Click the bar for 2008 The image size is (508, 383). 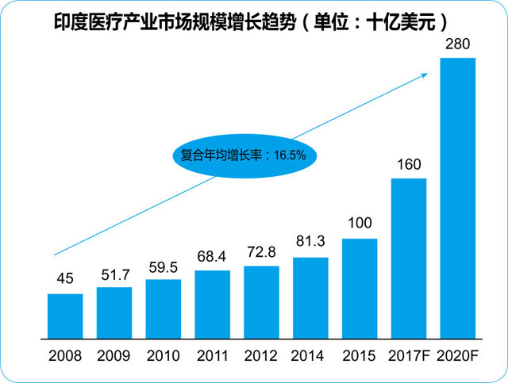(x=65, y=315)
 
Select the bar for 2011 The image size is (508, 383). (x=212, y=303)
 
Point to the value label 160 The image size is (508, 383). (x=409, y=164)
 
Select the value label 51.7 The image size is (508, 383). (x=114, y=274)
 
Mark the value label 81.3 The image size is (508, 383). (x=310, y=244)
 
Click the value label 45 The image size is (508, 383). (x=65, y=280)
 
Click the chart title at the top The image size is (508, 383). (x=254, y=17)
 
